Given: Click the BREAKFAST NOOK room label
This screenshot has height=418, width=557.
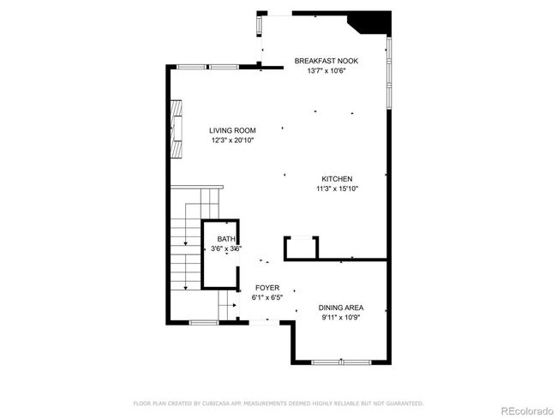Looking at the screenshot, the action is point(326,61).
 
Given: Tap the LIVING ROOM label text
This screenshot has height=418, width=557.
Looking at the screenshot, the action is point(232,130).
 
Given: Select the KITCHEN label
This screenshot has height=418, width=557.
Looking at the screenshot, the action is point(337,179).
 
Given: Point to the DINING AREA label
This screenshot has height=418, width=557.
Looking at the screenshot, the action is point(341,308).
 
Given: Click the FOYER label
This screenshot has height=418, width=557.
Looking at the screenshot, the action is point(267,288).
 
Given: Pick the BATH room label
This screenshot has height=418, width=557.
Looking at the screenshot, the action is point(226,239).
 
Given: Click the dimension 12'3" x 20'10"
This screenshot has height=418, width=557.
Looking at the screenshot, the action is point(232,140).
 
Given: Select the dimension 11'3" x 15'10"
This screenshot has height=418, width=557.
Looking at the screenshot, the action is point(337,188).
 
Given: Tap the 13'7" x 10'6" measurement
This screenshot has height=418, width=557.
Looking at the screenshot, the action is point(326,71).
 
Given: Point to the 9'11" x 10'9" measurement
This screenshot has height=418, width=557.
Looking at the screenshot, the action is point(341,318).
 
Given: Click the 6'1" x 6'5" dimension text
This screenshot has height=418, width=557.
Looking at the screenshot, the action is point(267,297).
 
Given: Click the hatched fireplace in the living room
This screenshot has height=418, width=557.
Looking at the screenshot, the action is point(177,129).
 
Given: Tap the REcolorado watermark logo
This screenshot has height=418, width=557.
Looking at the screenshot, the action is point(527,411).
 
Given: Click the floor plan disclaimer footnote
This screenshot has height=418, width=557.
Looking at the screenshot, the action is point(278,403).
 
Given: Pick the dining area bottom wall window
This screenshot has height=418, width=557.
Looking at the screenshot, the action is point(341,362).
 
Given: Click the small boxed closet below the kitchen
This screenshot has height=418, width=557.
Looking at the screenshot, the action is point(301,248).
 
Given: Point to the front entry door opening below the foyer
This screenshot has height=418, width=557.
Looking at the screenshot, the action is point(264,322).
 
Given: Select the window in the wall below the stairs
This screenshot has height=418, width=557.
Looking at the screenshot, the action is point(204,322).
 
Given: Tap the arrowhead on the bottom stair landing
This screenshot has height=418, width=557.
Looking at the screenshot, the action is point(234,305).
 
